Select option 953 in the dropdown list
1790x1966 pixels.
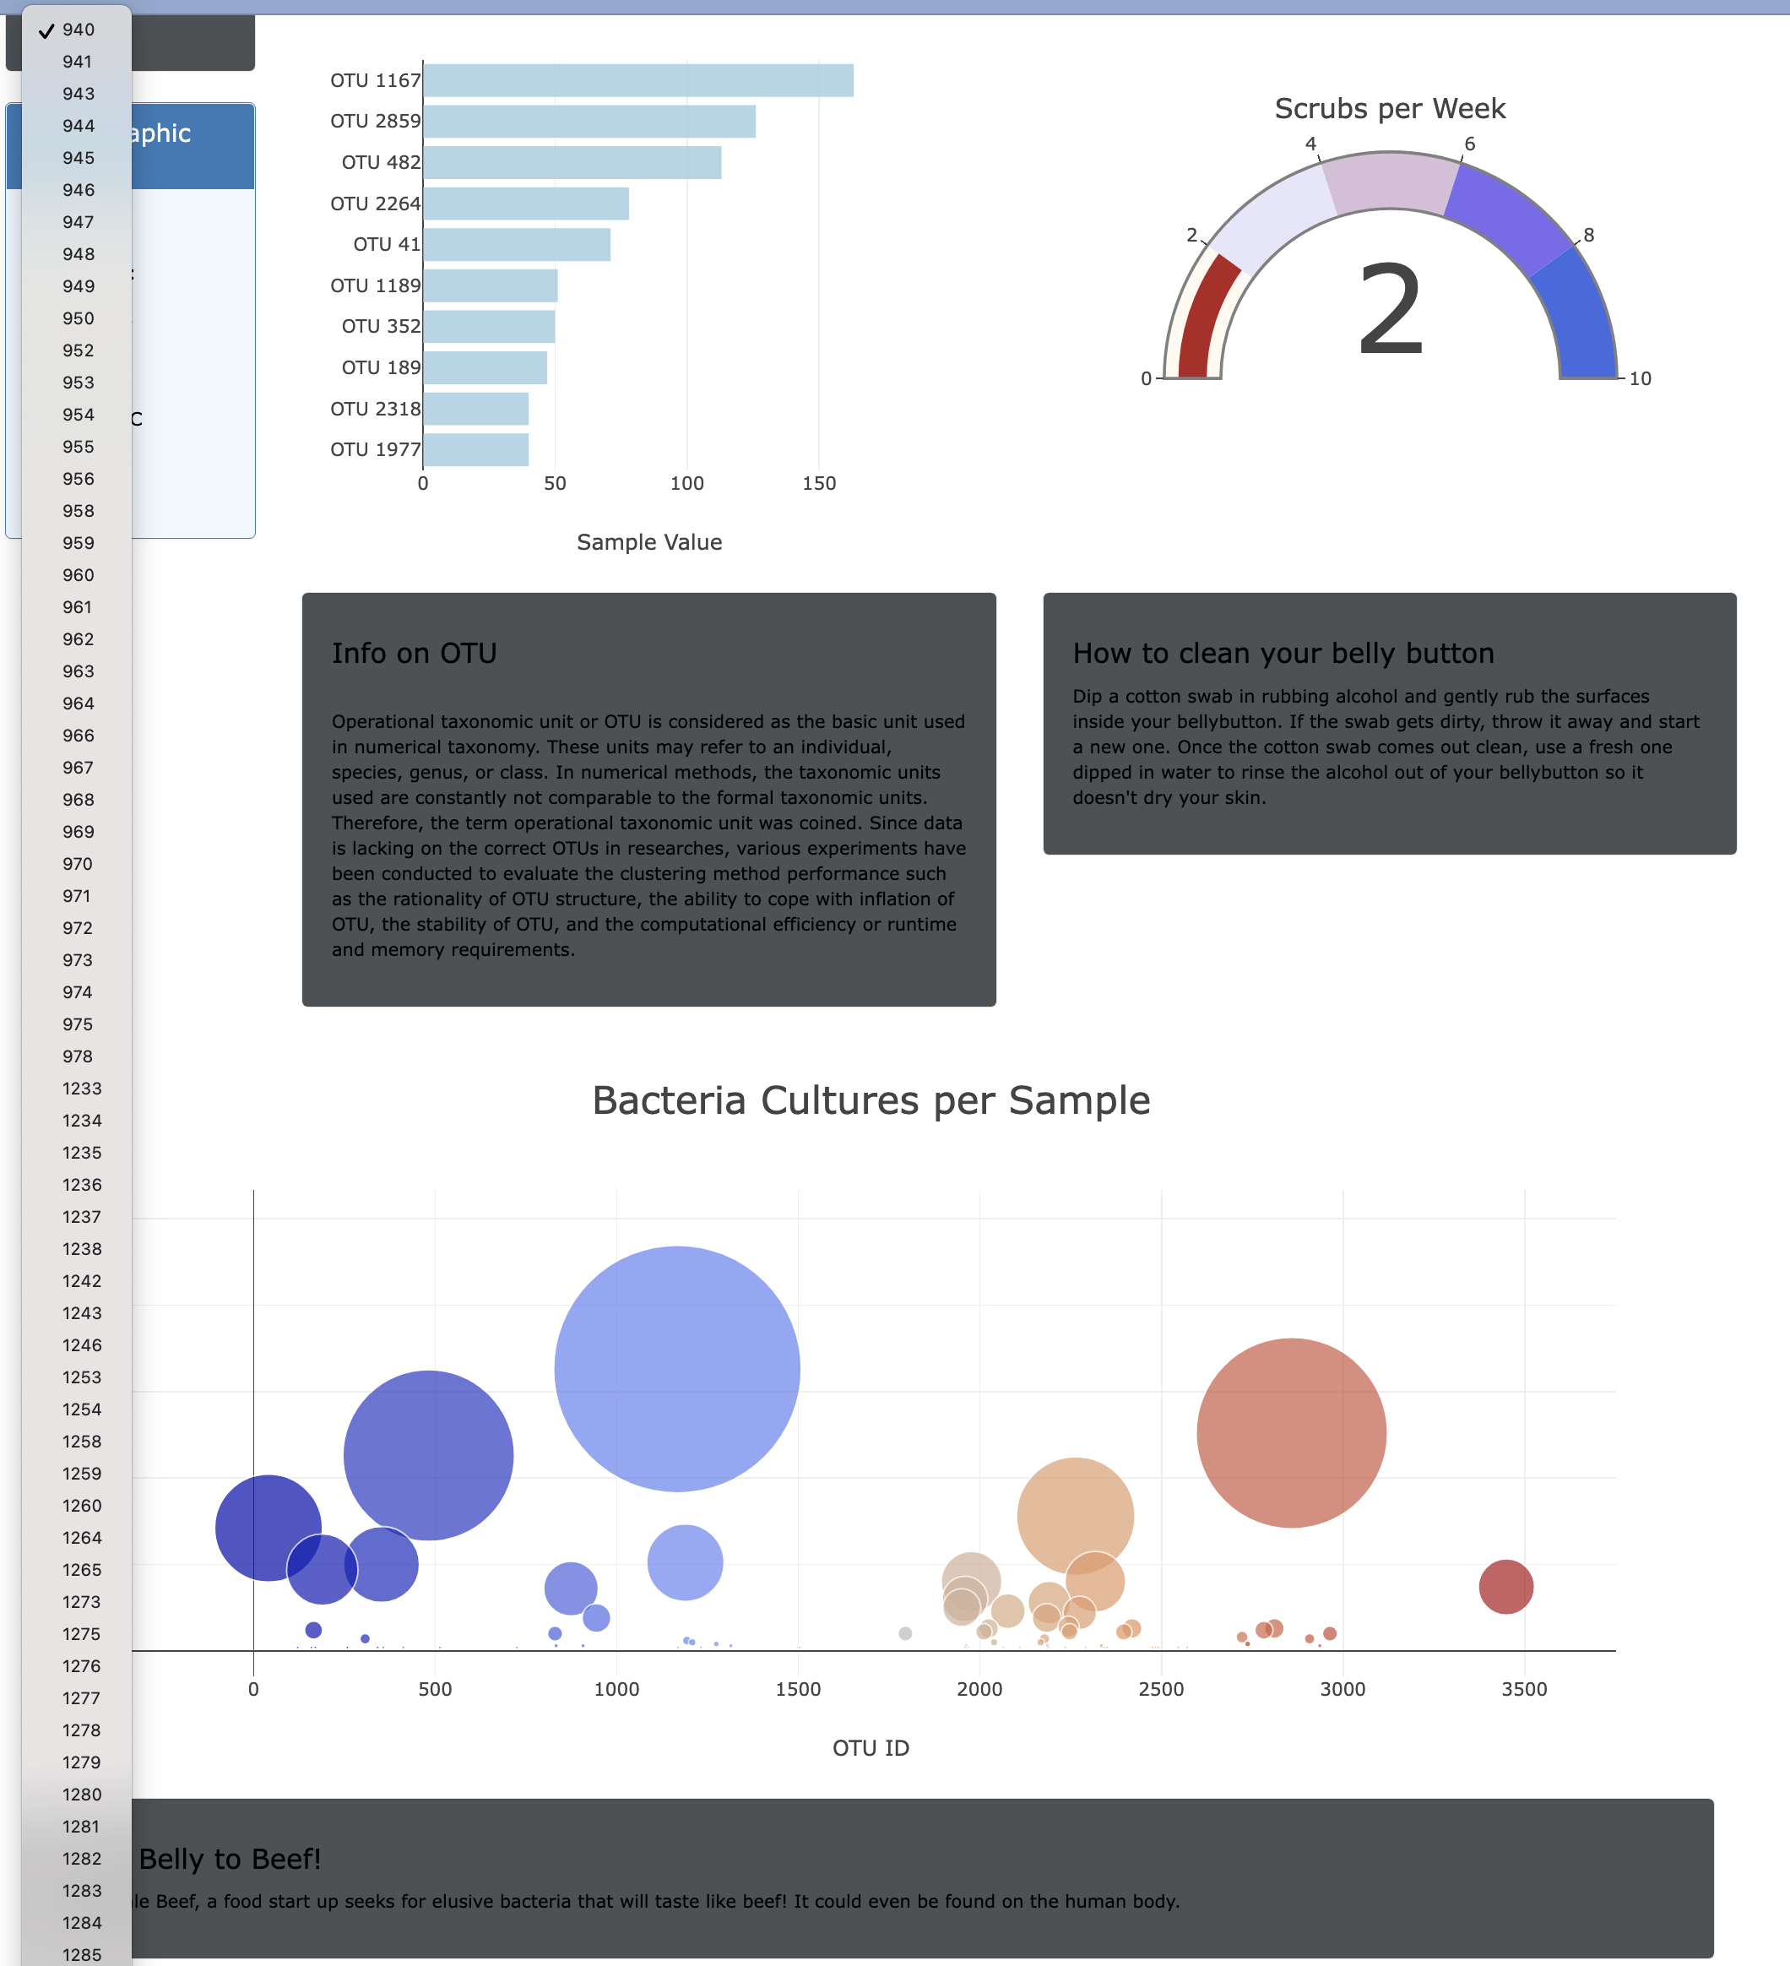(78, 383)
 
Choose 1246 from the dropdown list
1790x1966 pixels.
(81, 1344)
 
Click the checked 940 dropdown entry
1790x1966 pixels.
(78, 30)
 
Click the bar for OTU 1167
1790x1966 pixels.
(637, 80)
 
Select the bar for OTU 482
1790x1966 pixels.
(572, 162)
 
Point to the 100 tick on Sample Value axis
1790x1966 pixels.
(686, 483)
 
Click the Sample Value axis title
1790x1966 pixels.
(649, 542)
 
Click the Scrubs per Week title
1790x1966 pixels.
(1389, 108)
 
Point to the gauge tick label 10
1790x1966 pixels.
(1640, 378)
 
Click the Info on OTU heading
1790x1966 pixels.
(415, 653)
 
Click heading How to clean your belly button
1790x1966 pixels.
(1283, 653)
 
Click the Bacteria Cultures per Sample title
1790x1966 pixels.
(871, 1100)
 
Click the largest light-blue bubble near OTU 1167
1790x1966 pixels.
(676, 1368)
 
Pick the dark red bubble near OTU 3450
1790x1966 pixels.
(1505, 1587)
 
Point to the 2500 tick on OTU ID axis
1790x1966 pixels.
(1160, 1689)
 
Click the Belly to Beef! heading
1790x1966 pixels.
(231, 1859)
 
